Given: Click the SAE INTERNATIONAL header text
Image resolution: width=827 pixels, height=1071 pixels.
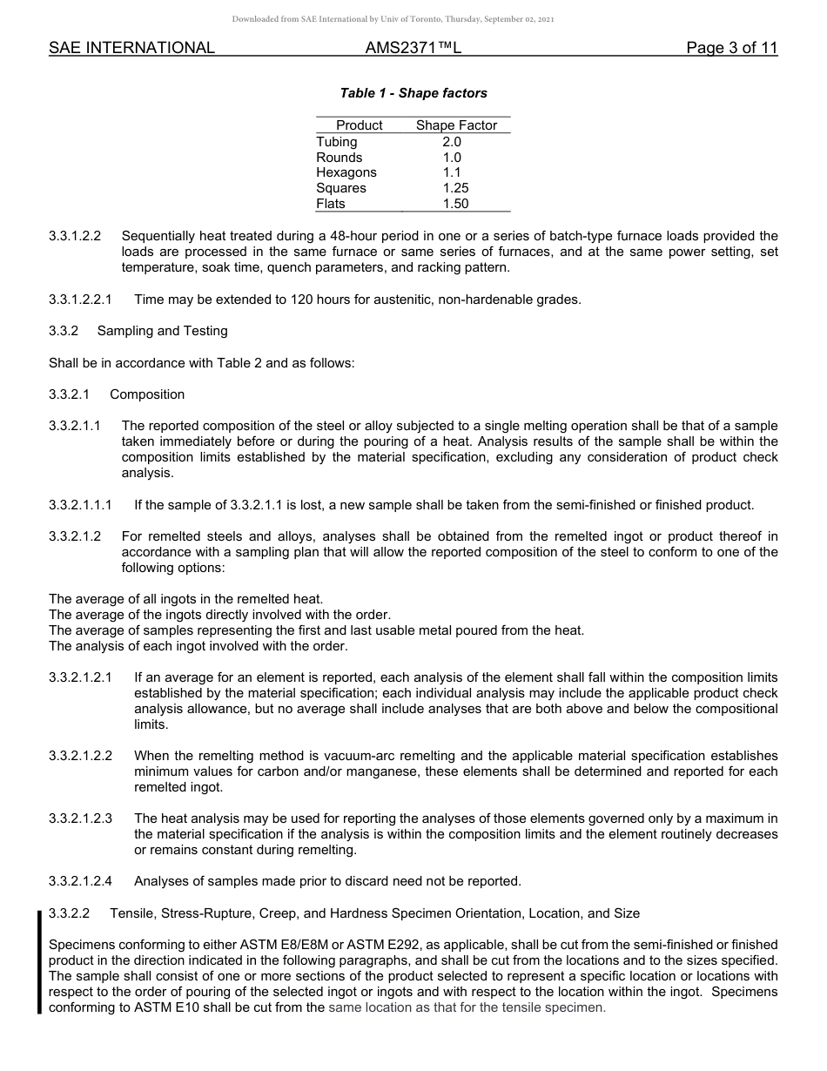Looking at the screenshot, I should coord(131,48).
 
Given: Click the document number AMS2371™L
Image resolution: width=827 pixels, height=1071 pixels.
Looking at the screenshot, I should coord(413,48).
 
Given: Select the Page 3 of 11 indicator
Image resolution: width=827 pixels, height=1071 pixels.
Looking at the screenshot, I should coord(731,48).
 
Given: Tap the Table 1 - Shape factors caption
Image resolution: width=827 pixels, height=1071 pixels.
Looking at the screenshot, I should coord(413,93).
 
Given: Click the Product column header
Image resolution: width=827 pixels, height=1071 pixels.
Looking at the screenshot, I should coord(360,125).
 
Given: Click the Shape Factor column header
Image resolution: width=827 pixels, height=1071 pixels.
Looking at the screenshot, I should coord(456,125).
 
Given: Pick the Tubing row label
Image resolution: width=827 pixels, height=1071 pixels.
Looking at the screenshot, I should coord(337,142).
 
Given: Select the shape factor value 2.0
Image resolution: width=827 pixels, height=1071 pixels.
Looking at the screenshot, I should coord(452,142).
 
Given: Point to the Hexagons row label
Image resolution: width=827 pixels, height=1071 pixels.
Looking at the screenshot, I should coord(346,172).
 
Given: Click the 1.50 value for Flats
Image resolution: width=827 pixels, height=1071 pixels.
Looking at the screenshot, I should coord(455,204).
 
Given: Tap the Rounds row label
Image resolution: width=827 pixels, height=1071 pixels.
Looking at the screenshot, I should coord(340,158).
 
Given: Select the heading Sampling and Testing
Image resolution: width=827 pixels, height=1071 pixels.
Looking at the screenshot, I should coord(163,331).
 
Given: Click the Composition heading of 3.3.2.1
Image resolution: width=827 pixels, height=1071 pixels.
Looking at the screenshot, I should coord(147,394).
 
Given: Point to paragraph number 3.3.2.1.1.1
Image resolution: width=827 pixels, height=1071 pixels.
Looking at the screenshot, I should coord(81,505).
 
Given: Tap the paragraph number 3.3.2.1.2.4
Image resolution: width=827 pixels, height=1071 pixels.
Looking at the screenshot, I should coord(81,881).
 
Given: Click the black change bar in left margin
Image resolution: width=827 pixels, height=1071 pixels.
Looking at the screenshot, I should coord(39,961).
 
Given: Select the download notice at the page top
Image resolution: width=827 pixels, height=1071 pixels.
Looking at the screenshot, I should coord(393,18).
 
